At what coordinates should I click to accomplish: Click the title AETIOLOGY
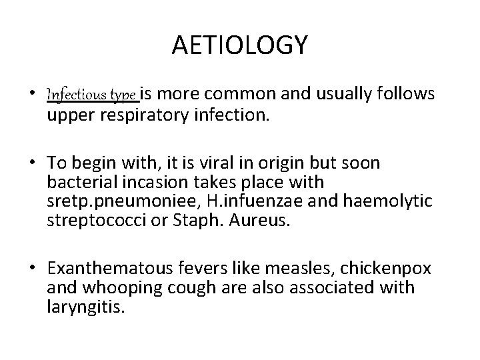pos(240,45)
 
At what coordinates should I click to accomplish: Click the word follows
pos(407,95)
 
